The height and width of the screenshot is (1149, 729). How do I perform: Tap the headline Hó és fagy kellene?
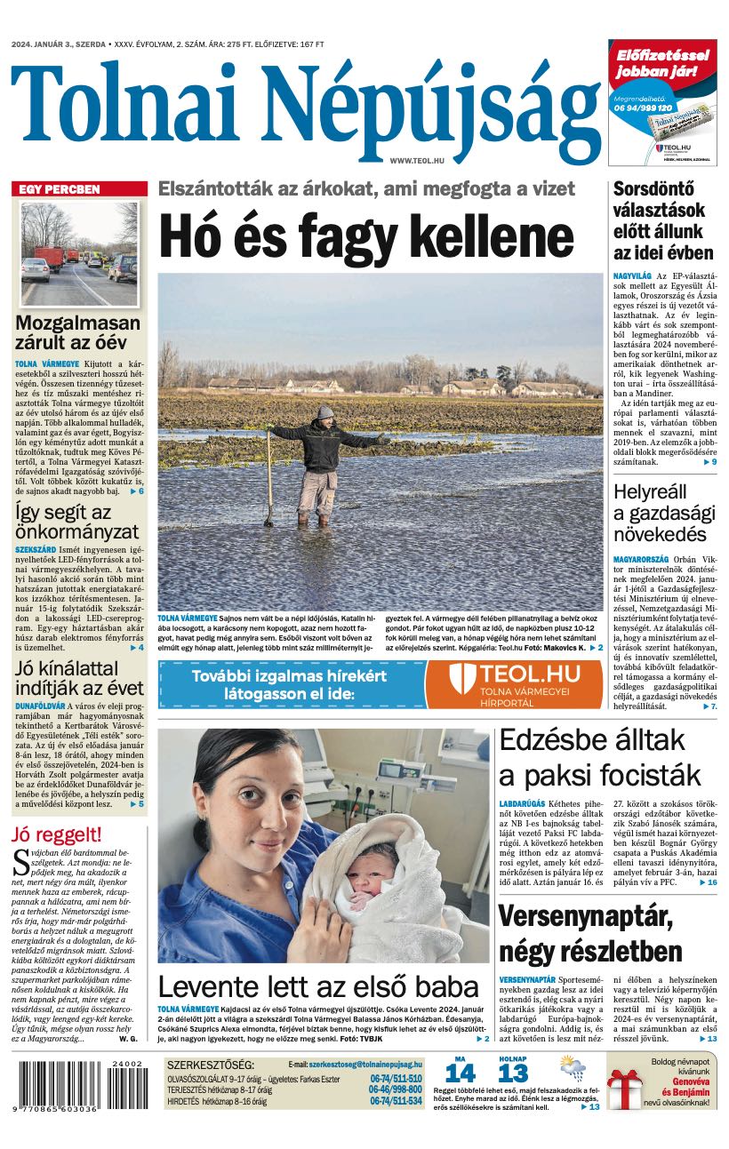coord(366,236)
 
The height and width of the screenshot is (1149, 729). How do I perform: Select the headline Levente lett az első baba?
coord(318,987)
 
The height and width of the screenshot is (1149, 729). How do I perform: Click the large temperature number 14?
coord(461,1073)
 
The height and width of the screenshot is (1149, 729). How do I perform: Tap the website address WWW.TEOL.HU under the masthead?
coord(417,159)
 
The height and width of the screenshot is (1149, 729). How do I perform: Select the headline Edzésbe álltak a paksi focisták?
coord(599,757)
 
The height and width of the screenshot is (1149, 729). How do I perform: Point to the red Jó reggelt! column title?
coord(57,834)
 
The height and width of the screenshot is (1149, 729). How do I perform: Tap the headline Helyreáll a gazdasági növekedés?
coord(664,512)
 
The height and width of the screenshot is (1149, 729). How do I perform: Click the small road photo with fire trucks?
coord(79,243)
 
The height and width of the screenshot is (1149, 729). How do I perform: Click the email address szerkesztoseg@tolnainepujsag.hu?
coord(365,1064)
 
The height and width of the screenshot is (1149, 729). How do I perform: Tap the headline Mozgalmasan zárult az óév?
coord(78,332)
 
